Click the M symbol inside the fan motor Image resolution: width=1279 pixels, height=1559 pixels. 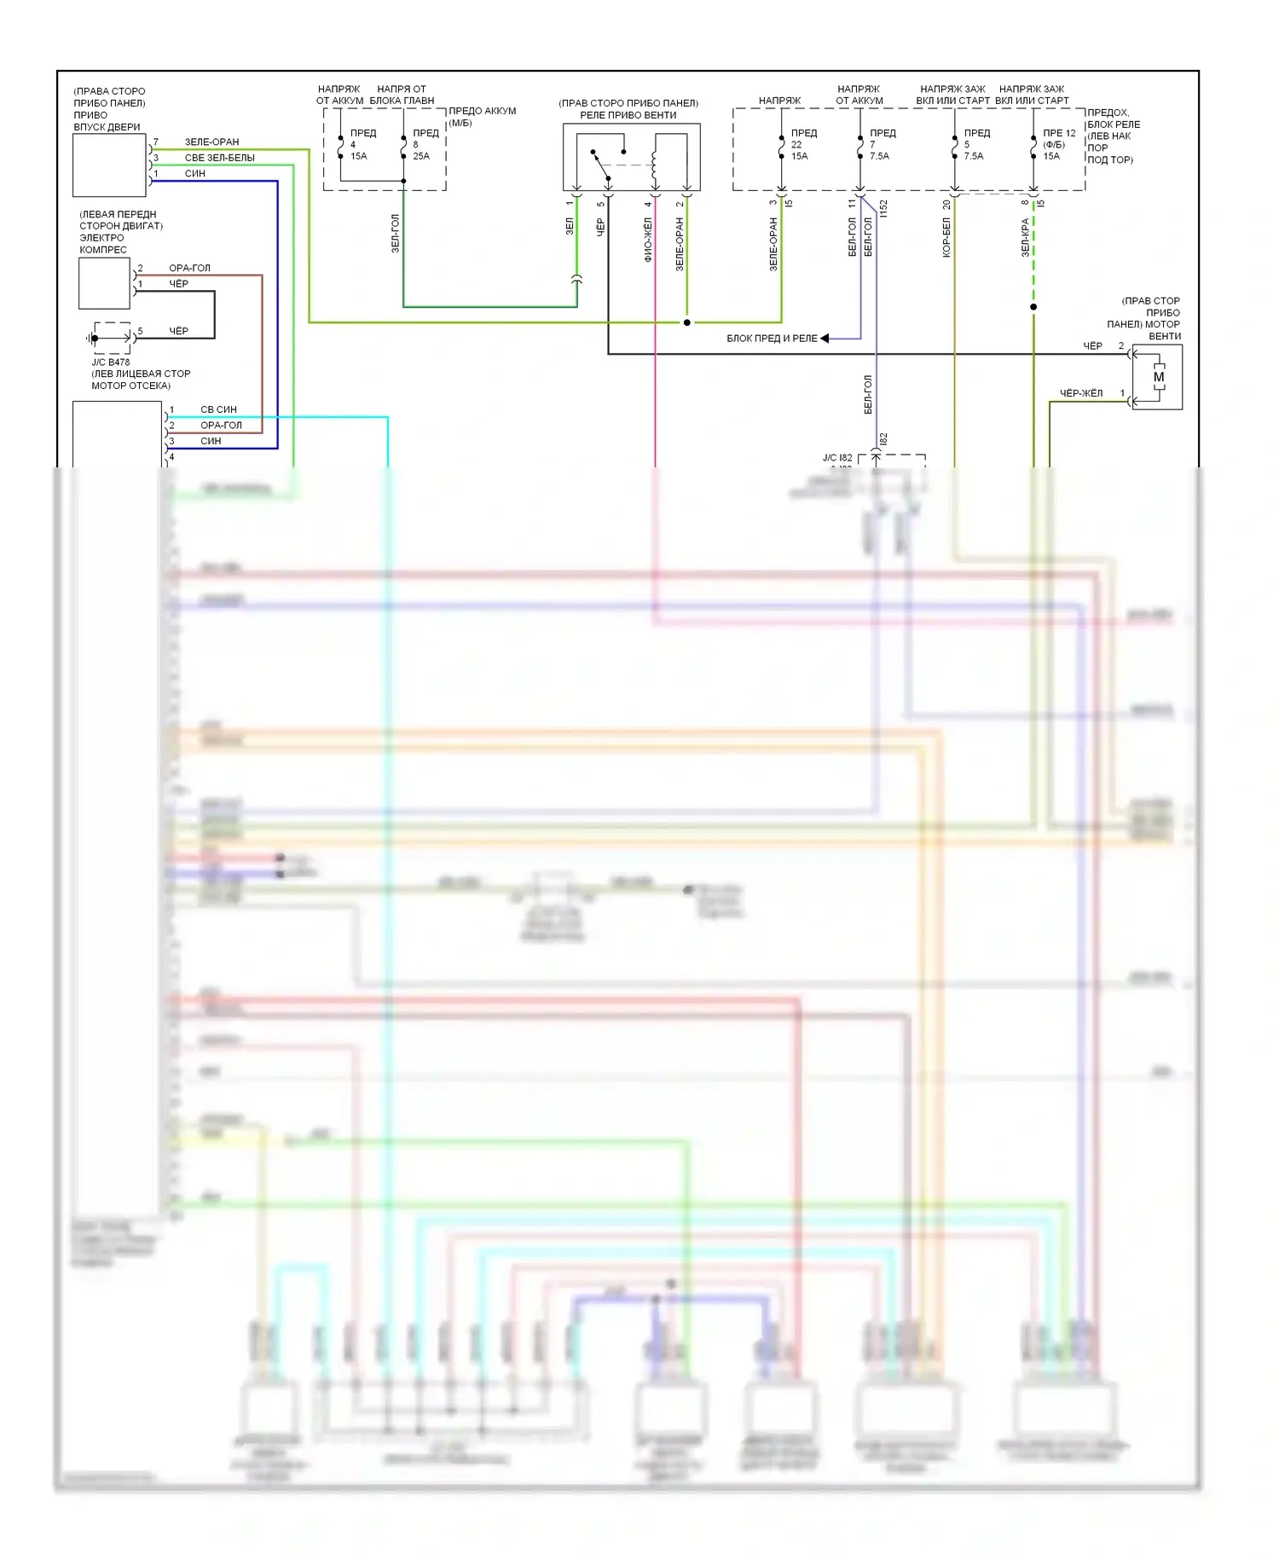tap(1158, 377)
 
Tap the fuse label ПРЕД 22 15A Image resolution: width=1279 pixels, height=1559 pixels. tap(802, 144)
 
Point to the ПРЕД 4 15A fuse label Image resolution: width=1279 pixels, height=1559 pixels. tap(362, 144)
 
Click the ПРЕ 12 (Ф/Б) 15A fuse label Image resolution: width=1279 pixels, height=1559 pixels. tap(1058, 144)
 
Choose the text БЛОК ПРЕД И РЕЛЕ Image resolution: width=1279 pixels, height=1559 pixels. tap(771, 339)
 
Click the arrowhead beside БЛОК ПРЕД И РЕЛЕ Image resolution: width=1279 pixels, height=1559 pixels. tap(825, 339)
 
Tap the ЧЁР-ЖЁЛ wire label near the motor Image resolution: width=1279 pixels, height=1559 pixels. tap(1080, 393)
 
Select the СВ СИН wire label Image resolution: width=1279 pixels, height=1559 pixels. tap(218, 409)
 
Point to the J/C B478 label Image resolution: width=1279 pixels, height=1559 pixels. tap(111, 362)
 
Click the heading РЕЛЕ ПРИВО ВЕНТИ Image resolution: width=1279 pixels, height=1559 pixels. tap(628, 115)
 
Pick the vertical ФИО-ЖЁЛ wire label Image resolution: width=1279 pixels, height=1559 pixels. tap(648, 240)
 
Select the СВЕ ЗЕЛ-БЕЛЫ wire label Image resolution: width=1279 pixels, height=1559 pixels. tap(219, 158)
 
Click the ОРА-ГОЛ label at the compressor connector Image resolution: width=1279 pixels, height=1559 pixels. tap(189, 268)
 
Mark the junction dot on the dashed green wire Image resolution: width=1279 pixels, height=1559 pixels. tap(1033, 307)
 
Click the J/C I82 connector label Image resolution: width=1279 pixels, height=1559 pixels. tap(836, 458)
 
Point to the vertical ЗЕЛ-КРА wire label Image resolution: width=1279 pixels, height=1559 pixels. tap(1026, 238)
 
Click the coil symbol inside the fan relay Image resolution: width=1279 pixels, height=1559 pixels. tap(654, 165)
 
